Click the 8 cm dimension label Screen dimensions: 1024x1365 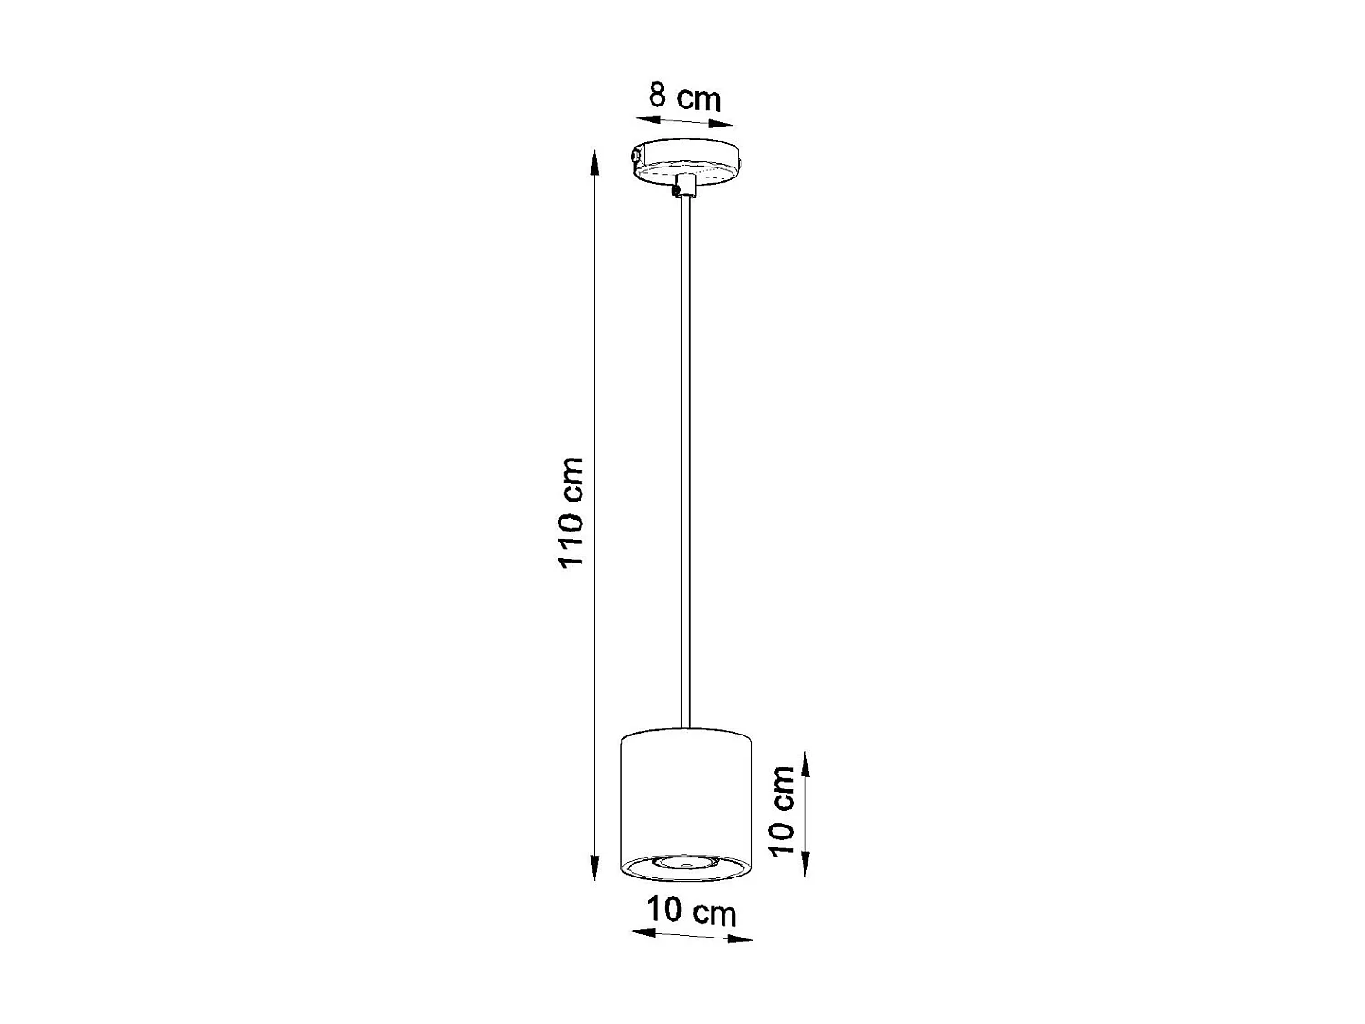pyautogui.click(x=683, y=96)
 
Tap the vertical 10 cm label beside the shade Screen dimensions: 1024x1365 pyautogui.click(x=782, y=810)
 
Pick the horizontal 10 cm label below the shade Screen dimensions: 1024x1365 pyautogui.click(x=692, y=911)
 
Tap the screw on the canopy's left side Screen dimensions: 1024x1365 pyautogui.click(x=632, y=158)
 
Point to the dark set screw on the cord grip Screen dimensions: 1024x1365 pyautogui.click(x=674, y=190)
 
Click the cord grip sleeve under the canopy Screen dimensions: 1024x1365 pyautogui.click(x=686, y=186)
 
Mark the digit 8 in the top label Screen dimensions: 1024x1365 pyautogui.click(x=657, y=95)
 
